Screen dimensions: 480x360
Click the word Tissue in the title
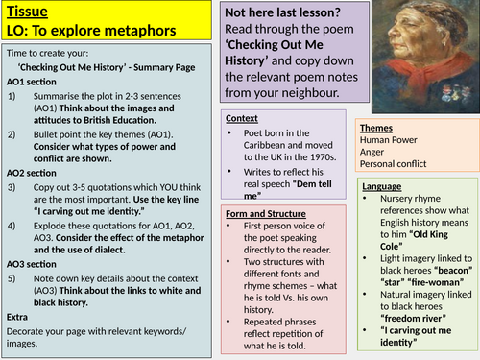tap(27, 12)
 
